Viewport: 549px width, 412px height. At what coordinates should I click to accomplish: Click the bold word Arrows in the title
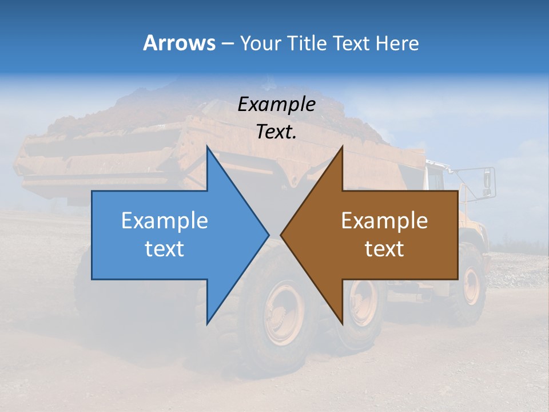[x=180, y=43]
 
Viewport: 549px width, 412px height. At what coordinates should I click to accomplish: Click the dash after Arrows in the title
[x=226, y=43]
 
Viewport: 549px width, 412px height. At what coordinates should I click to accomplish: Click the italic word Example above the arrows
[x=276, y=104]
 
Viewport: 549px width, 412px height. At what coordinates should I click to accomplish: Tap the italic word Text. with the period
[x=276, y=132]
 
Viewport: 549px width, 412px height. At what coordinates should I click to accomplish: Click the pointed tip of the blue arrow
[x=268, y=235]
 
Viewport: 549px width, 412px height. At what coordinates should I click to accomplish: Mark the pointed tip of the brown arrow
[x=282, y=235]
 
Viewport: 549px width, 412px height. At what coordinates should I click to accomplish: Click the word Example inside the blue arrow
[x=165, y=220]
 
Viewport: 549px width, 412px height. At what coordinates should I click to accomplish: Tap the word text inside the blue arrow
[x=165, y=249]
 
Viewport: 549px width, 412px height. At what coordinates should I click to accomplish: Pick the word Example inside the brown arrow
[x=384, y=220]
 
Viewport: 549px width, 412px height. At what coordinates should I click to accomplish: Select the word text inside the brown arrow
[x=384, y=249]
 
